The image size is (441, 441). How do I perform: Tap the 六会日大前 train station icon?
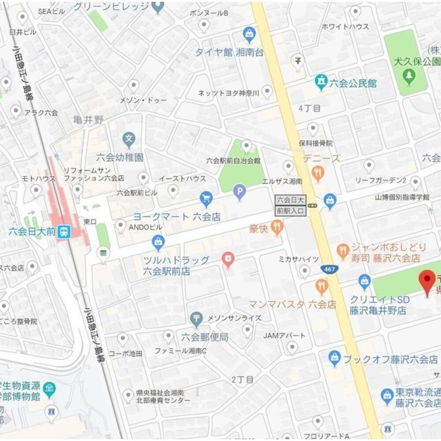tap(64, 232)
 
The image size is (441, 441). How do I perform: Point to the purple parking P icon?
tap(239, 191)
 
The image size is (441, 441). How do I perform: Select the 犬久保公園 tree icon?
tap(410, 75)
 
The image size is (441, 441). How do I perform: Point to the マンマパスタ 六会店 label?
tap(292, 304)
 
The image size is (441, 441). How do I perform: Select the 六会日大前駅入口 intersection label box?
tap(290, 206)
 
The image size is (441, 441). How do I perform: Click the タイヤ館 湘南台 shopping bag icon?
tap(249, 34)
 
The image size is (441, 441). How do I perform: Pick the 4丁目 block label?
tap(309, 108)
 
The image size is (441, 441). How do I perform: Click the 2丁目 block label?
tap(243, 379)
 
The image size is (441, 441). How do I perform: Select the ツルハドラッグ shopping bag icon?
tap(158, 242)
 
